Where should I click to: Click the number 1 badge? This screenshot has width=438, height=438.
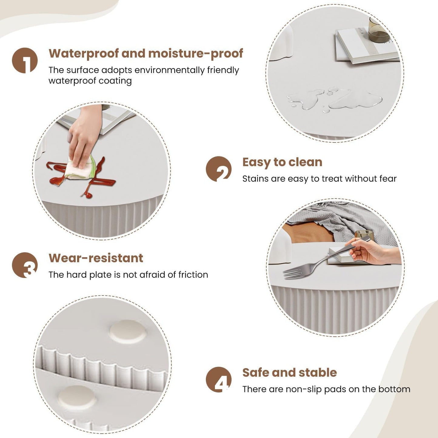[x=25, y=60]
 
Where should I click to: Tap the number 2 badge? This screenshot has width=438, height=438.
[x=219, y=169]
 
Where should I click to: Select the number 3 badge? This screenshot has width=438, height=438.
[x=25, y=265]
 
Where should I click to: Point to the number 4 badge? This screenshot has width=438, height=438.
[x=219, y=379]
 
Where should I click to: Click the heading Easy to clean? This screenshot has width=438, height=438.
[x=282, y=162]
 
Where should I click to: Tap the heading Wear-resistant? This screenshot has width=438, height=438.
[x=96, y=258]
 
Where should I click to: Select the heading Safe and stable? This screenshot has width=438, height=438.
[x=289, y=373]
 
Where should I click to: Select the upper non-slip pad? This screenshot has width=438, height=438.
[x=128, y=332]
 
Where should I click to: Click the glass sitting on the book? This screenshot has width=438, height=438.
[x=378, y=31]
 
